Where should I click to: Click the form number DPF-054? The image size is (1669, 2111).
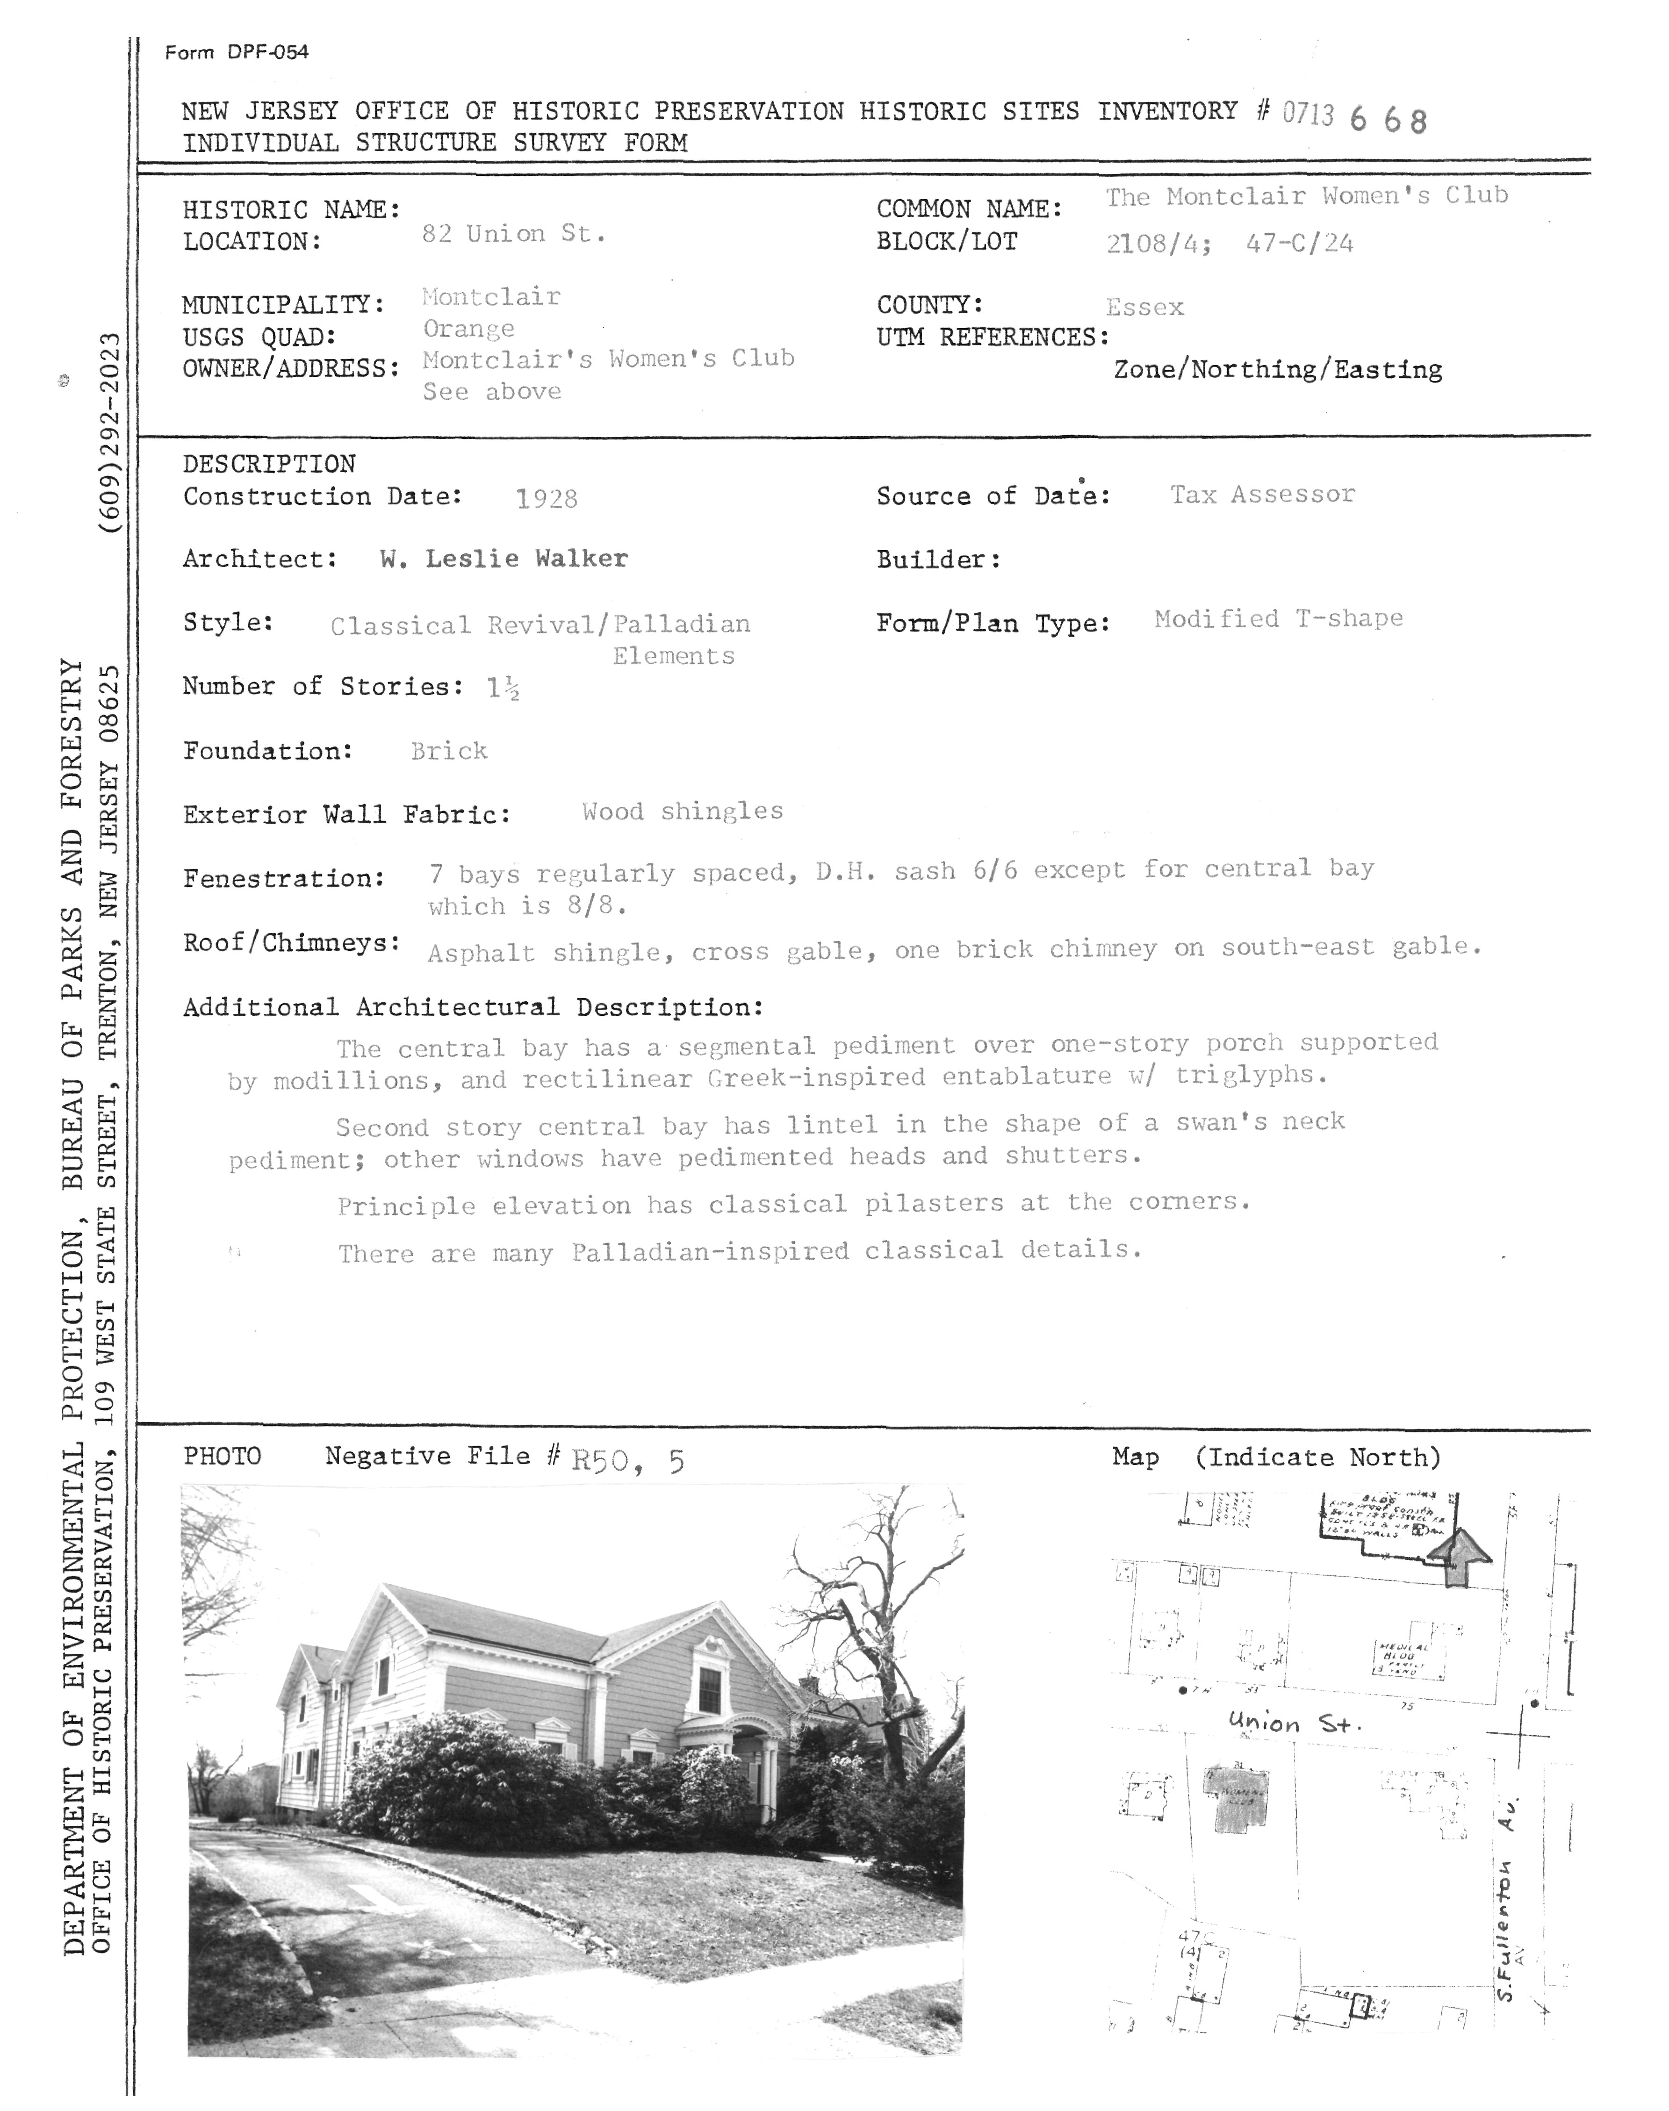tap(237, 53)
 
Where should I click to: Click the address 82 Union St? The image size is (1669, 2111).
tap(513, 235)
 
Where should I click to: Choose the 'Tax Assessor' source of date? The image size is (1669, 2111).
tap(1262, 494)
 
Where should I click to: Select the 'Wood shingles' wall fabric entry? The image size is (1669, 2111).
tap(682, 812)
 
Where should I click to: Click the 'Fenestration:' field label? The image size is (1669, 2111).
tap(283, 878)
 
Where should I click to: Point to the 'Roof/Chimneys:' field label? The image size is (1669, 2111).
tap(291, 943)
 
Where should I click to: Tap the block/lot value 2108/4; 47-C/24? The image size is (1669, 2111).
tap(1229, 243)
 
